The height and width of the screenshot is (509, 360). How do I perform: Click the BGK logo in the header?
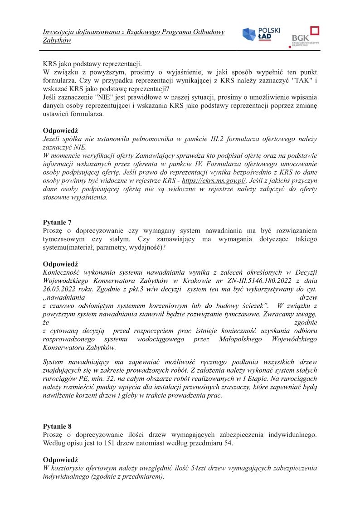tap(306, 36)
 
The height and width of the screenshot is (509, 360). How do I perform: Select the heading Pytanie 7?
tap(57, 222)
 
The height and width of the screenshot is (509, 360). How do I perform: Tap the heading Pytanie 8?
tap(57, 426)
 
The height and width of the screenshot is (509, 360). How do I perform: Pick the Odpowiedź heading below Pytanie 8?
tap(60, 459)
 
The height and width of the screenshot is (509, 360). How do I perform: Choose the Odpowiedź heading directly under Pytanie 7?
tap(60, 264)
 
